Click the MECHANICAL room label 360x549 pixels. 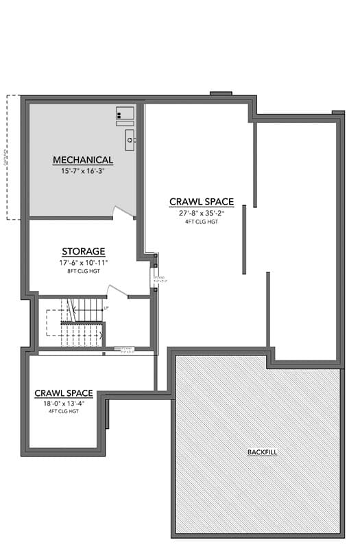[83, 160]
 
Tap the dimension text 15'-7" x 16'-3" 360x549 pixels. [83, 170]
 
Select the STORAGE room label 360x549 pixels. [83, 251]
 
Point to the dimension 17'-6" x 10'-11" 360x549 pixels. [83, 262]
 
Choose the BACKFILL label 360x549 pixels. [262, 452]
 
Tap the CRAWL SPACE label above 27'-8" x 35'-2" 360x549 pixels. [202, 202]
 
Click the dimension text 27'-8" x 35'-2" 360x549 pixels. [202, 213]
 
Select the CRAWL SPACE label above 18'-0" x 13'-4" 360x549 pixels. [63, 393]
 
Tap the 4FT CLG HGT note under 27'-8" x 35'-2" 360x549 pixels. [202, 221]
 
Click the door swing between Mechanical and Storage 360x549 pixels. [123, 212]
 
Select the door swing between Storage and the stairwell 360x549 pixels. [117, 292]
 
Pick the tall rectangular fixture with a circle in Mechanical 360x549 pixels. [129, 141]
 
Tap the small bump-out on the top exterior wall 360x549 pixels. [220, 93]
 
